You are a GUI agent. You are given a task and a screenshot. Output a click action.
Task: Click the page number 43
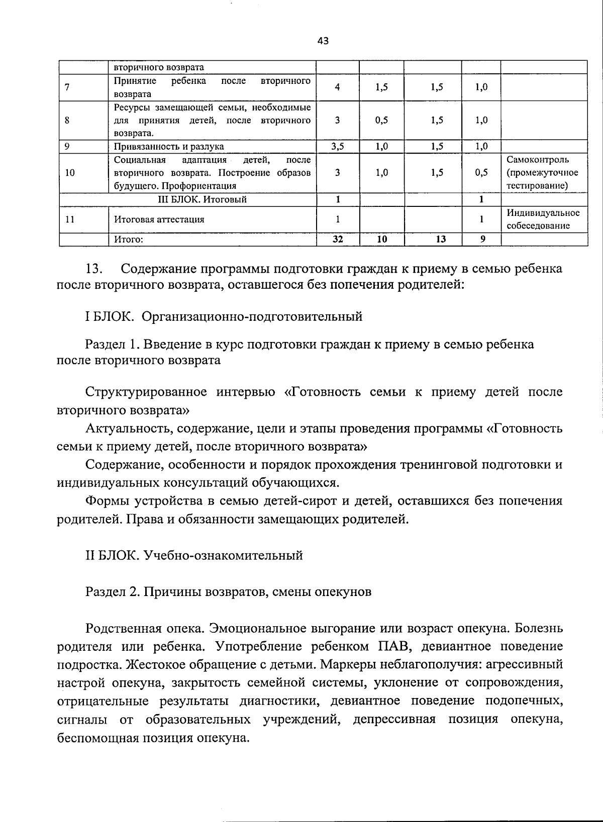point(323,41)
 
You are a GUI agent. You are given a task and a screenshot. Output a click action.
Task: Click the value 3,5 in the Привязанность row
point(337,146)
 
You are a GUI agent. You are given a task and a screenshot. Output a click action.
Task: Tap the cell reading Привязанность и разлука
point(169,146)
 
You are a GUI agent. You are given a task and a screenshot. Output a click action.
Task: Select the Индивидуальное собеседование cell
point(543,219)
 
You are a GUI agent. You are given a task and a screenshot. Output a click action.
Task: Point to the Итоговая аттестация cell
point(159,219)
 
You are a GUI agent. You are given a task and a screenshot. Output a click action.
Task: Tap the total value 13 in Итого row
point(440,240)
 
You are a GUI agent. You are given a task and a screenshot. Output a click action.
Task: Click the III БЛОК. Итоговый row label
point(199,199)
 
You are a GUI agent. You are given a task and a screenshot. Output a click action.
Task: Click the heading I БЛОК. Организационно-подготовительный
point(224,317)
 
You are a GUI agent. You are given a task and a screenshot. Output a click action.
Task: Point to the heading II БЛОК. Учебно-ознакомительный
point(194,555)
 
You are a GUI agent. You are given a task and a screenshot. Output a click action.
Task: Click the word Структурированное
point(146,392)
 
